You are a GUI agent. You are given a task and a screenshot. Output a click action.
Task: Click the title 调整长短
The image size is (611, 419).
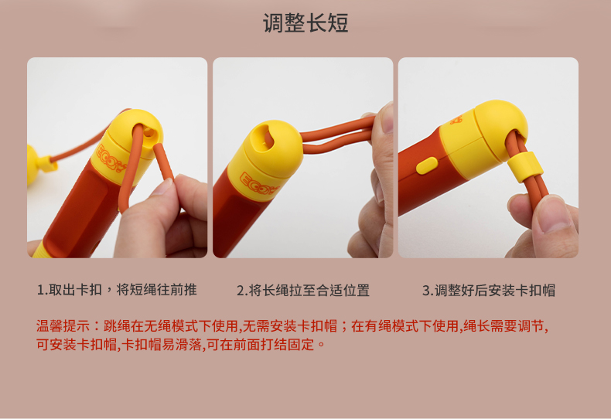[305, 23]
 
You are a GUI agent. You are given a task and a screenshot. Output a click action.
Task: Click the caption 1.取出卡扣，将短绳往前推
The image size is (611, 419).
[117, 290]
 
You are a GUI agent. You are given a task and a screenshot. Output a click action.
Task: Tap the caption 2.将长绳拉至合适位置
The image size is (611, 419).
[302, 290]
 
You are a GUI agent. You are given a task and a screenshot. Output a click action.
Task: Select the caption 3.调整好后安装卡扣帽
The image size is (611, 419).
[489, 290]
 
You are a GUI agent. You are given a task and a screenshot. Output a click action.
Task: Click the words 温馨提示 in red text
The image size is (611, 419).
[63, 326]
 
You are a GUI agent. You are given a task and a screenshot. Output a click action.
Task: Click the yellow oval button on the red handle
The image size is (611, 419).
[427, 166]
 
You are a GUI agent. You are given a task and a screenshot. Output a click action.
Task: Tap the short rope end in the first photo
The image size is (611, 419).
[163, 161]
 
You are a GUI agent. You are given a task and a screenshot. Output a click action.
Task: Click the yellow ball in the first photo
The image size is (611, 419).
[32, 165]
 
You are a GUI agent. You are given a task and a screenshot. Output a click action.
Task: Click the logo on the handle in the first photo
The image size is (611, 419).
[111, 158]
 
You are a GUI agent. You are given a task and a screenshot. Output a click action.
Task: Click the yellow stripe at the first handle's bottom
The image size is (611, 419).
[38, 250]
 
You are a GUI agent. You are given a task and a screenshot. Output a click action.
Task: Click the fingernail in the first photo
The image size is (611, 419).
[162, 186]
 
